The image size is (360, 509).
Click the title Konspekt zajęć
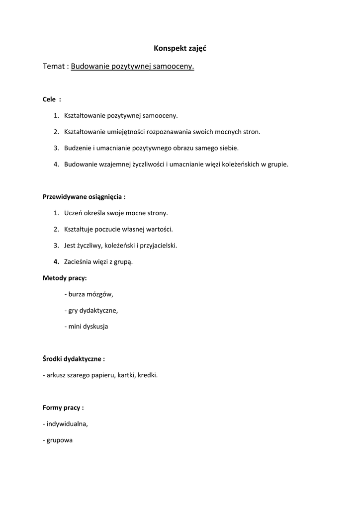point(180,49)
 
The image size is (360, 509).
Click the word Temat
point(54,67)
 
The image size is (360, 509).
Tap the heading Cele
point(49,99)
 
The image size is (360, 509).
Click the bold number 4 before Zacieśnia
point(56,261)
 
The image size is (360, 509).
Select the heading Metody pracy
point(65,278)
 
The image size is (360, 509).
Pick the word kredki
point(148,375)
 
